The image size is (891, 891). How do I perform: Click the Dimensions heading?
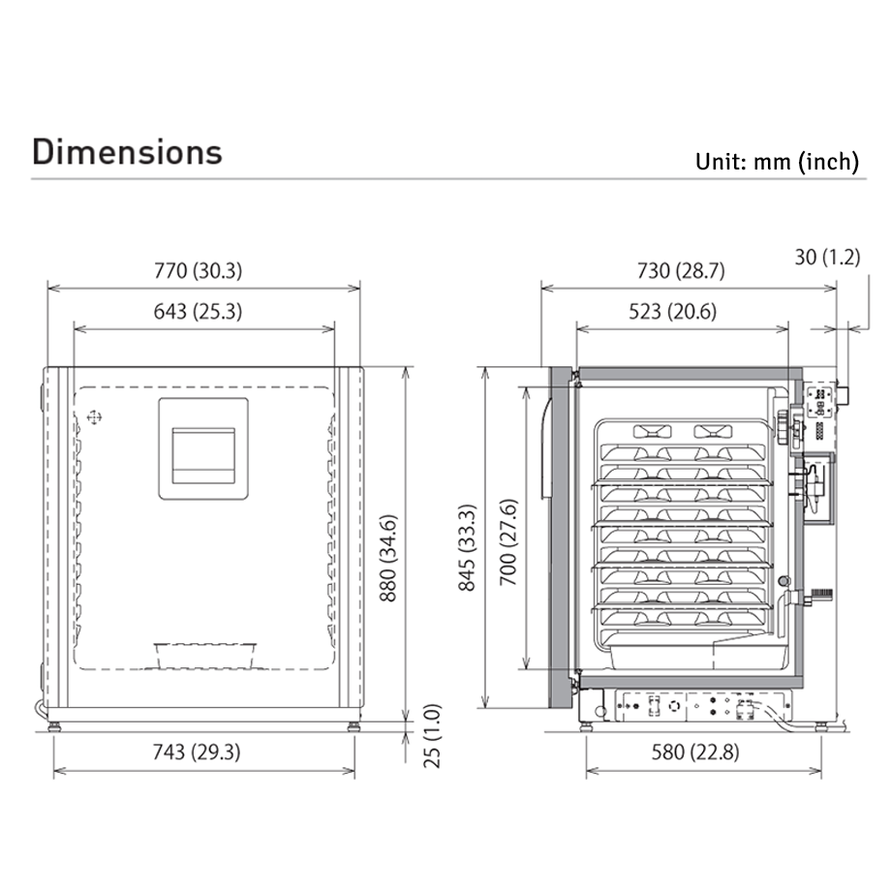[x=127, y=152]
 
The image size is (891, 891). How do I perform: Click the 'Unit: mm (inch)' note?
[x=777, y=162]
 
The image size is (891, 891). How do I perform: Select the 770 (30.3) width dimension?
[x=199, y=270]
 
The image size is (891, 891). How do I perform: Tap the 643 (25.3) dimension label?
[x=198, y=312]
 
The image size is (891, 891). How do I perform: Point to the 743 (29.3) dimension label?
[x=197, y=752]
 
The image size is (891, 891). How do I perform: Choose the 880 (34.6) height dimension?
[x=388, y=559]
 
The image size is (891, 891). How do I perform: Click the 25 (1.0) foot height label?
[x=433, y=736]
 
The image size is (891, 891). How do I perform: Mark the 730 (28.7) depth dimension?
[x=681, y=270]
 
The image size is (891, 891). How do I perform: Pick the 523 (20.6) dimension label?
[x=673, y=312]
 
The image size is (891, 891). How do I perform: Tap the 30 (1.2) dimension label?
[x=827, y=257]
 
